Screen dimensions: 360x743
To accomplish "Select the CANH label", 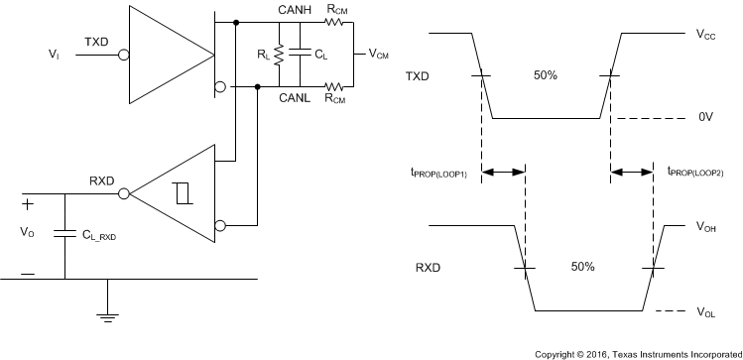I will [296, 11].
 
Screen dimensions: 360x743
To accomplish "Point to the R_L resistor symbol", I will [280, 55].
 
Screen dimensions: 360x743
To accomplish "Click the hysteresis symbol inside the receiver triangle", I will [182, 194].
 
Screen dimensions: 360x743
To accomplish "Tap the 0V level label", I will [705, 117].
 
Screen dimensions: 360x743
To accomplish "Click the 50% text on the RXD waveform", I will [582, 267].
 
